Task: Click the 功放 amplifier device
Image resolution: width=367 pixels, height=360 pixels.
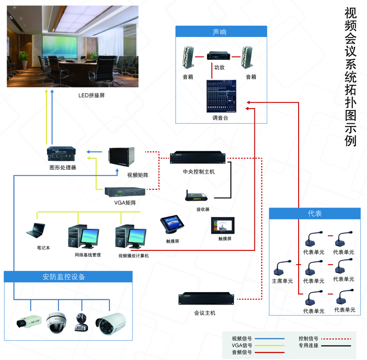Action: click(x=218, y=56)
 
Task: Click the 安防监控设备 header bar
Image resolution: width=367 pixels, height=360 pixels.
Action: click(x=67, y=277)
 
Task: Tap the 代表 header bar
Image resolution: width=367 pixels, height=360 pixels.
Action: click(x=314, y=213)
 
